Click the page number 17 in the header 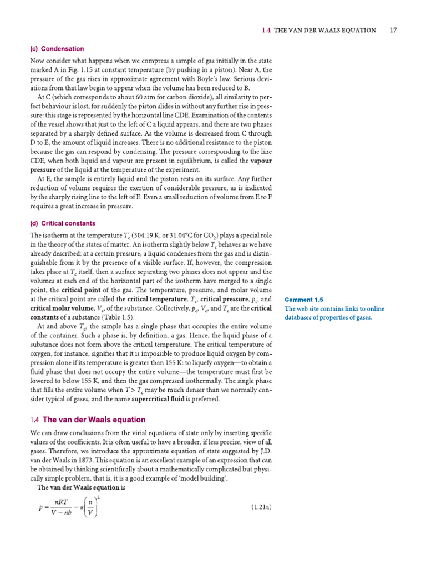click(x=393, y=31)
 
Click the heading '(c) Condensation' click(x=57, y=49)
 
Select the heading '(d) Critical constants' click(x=63, y=223)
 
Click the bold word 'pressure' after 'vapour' click(x=43, y=169)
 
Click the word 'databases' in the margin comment click(x=301, y=317)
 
